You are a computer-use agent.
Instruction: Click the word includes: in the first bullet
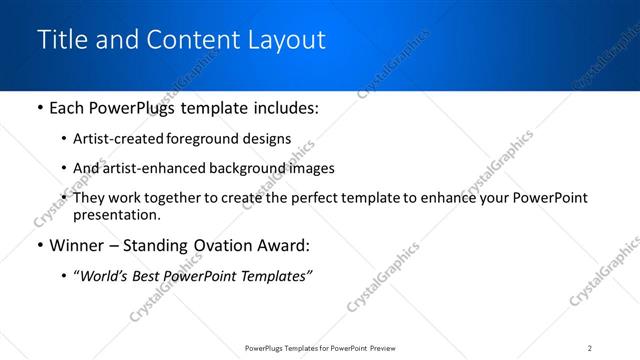click(x=286, y=108)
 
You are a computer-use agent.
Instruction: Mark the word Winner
click(x=78, y=245)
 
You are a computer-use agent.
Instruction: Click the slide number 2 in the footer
click(x=590, y=347)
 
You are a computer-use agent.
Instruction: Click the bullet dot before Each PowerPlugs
click(x=39, y=108)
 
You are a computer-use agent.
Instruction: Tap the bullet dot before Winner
click(x=39, y=245)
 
